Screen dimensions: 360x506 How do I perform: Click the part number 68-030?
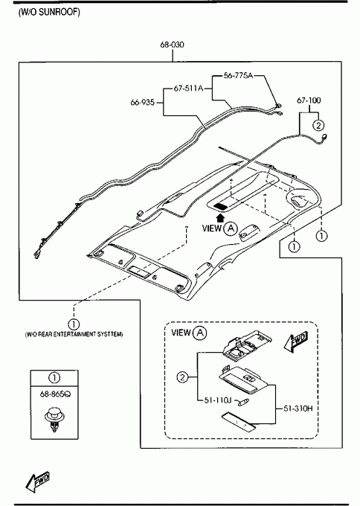pos(173,45)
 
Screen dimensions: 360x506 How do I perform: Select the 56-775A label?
pos(238,75)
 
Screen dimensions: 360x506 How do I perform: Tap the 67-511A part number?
pos(189,88)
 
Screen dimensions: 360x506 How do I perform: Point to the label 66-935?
pos(143,102)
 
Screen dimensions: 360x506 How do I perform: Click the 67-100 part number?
pos(309,100)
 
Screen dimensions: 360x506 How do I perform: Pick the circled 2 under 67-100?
pos(318,125)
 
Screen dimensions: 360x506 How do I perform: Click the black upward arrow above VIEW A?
pos(221,217)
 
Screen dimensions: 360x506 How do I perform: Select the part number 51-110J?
pos(219,400)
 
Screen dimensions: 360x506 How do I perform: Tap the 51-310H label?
pos(298,409)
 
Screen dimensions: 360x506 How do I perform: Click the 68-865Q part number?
pos(54,394)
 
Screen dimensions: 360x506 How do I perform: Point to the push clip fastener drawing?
pos(54,419)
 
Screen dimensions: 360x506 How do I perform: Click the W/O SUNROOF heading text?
pos(49,12)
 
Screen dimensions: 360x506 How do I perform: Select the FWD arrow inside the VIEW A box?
pos(296,342)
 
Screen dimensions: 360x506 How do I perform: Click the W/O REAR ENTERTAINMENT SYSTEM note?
pos(74,334)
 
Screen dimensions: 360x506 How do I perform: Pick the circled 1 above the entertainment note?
pos(74,324)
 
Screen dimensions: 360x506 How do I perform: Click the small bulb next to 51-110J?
pos(243,402)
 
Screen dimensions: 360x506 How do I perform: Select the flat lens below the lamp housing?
pos(239,421)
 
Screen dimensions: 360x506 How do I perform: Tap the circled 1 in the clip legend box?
pos(54,377)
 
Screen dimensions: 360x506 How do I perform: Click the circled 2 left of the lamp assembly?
pos(182,377)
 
